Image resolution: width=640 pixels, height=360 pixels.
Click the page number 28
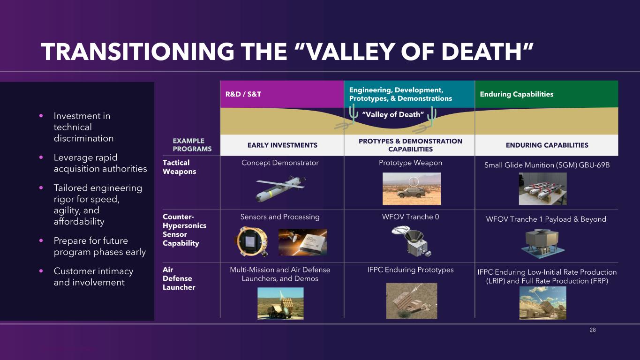tap(593, 330)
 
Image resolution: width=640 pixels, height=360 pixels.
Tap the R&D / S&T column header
tap(243, 94)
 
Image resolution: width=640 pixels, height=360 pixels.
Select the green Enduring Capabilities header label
tap(517, 94)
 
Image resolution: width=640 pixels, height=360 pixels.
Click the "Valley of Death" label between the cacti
tap(393, 114)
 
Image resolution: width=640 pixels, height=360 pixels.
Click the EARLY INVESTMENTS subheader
tap(282, 145)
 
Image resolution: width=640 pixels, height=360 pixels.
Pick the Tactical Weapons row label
tap(179, 167)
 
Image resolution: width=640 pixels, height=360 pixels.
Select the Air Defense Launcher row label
tap(179, 278)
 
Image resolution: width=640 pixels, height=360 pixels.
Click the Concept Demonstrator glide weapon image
tap(280, 188)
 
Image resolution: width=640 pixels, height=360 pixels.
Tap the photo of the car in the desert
tap(412, 188)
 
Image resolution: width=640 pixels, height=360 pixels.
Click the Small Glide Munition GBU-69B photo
tap(542, 188)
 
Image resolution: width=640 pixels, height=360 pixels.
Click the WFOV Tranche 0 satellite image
tap(412, 241)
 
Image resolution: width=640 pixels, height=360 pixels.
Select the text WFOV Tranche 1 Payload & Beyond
tap(546, 219)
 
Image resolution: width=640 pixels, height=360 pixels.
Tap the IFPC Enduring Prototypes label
tap(410, 270)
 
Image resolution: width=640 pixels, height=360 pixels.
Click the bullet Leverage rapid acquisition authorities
tap(100, 163)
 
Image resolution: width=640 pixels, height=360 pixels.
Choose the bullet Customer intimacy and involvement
tap(93, 277)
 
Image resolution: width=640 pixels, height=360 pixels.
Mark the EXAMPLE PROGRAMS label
tap(192, 145)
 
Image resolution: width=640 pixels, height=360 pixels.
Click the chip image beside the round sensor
tap(302, 242)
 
